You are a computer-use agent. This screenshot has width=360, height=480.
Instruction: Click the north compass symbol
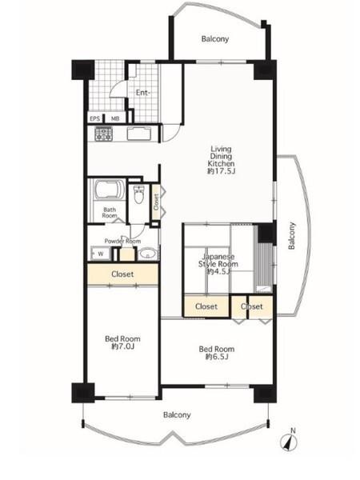tap(289, 441)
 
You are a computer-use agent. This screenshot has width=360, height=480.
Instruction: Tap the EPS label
tap(95, 118)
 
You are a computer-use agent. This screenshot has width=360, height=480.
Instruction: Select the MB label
tap(115, 118)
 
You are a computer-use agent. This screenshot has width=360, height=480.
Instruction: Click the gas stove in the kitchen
tap(104, 134)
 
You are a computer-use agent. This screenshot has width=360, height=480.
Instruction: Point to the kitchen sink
tap(139, 134)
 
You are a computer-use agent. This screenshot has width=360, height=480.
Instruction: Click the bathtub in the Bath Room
tap(110, 190)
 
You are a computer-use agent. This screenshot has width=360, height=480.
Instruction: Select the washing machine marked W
tap(101, 254)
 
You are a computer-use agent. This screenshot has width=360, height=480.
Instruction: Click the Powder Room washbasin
tap(148, 254)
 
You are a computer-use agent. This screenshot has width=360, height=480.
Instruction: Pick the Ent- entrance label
tap(143, 93)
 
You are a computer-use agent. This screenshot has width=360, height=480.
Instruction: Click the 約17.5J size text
tap(221, 171)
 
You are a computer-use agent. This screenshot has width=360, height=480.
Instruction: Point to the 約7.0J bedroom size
tap(122, 346)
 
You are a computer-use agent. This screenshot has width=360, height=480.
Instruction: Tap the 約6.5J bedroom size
tap(217, 356)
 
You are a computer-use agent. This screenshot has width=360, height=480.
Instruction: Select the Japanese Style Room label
tap(218, 260)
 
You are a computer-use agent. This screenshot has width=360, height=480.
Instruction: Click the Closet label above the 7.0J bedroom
tap(122, 274)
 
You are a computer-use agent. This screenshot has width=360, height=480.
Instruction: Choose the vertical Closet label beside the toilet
tap(156, 202)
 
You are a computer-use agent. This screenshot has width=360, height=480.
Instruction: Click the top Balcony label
tap(215, 39)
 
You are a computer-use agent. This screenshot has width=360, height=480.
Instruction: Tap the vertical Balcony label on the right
tap(292, 235)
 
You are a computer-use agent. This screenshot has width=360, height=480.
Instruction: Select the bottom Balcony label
tap(177, 414)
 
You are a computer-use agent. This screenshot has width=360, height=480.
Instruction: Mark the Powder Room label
tap(122, 242)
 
